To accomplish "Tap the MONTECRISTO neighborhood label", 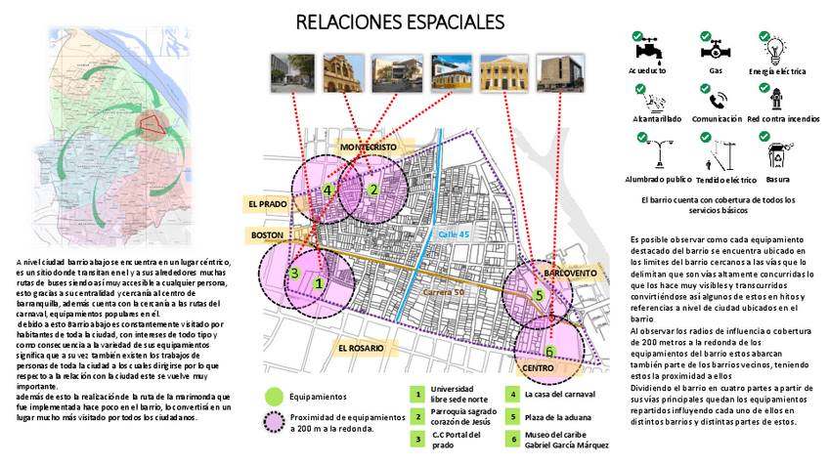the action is (369, 146).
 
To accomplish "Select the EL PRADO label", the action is (267, 204).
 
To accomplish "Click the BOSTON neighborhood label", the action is (267, 235).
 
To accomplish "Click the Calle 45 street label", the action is (454, 234).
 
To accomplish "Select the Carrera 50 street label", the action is (444, 292).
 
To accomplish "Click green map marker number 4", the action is (328, 190).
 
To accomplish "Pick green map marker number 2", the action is (372, 190).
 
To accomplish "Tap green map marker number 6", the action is (549, 352).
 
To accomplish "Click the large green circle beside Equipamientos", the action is (275, 397).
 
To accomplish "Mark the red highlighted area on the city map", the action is (153, 123).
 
